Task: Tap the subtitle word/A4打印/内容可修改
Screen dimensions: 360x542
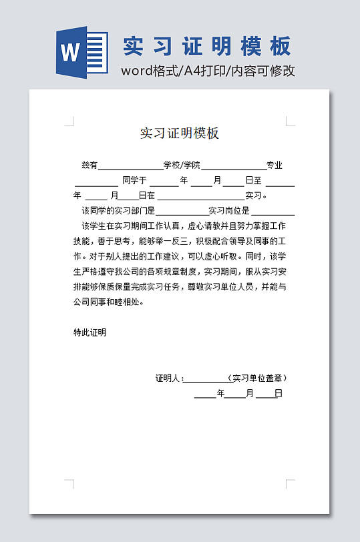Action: coord(208,71)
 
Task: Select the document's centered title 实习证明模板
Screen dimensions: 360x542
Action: coord(180,133)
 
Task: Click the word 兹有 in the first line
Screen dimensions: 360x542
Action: coord(89,166)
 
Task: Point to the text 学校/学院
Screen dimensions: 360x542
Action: coord(182,166)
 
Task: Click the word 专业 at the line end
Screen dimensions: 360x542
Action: coord(275,166)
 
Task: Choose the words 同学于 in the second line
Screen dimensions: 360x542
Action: coord(134,180)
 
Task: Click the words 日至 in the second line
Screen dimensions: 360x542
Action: coord(253,180)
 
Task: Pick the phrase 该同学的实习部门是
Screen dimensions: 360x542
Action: coord(118,211)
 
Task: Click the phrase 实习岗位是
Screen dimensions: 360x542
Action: coord(229,211)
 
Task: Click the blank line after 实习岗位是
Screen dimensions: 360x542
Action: coord(273,213)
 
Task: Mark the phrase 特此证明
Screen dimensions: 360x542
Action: coord(90,332)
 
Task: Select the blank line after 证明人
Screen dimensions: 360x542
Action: coord(204,380)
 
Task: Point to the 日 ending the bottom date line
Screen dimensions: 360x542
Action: coord(279,394)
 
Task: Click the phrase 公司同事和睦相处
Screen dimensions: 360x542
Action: coord(108,302)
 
